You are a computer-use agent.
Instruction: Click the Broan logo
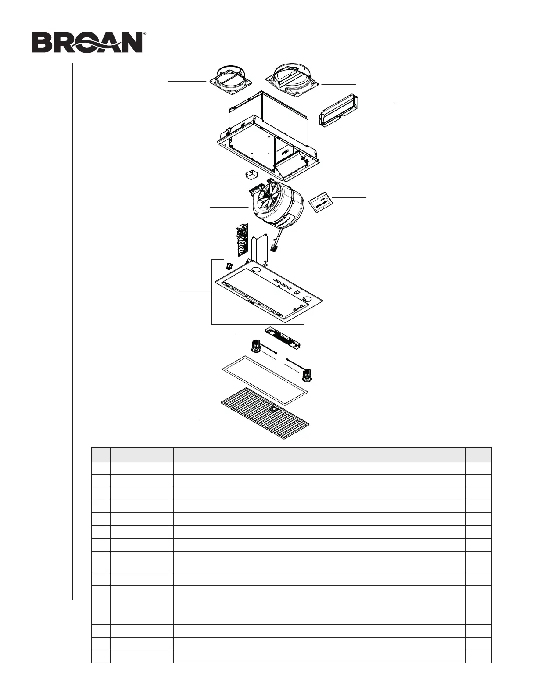pos(87,43)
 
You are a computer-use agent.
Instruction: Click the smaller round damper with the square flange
pos(229,80)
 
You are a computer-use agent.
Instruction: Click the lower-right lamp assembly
pos(309,373)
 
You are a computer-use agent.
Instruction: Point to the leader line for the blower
pos(229,207)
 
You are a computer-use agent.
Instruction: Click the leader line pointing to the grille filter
pos(218,420)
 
